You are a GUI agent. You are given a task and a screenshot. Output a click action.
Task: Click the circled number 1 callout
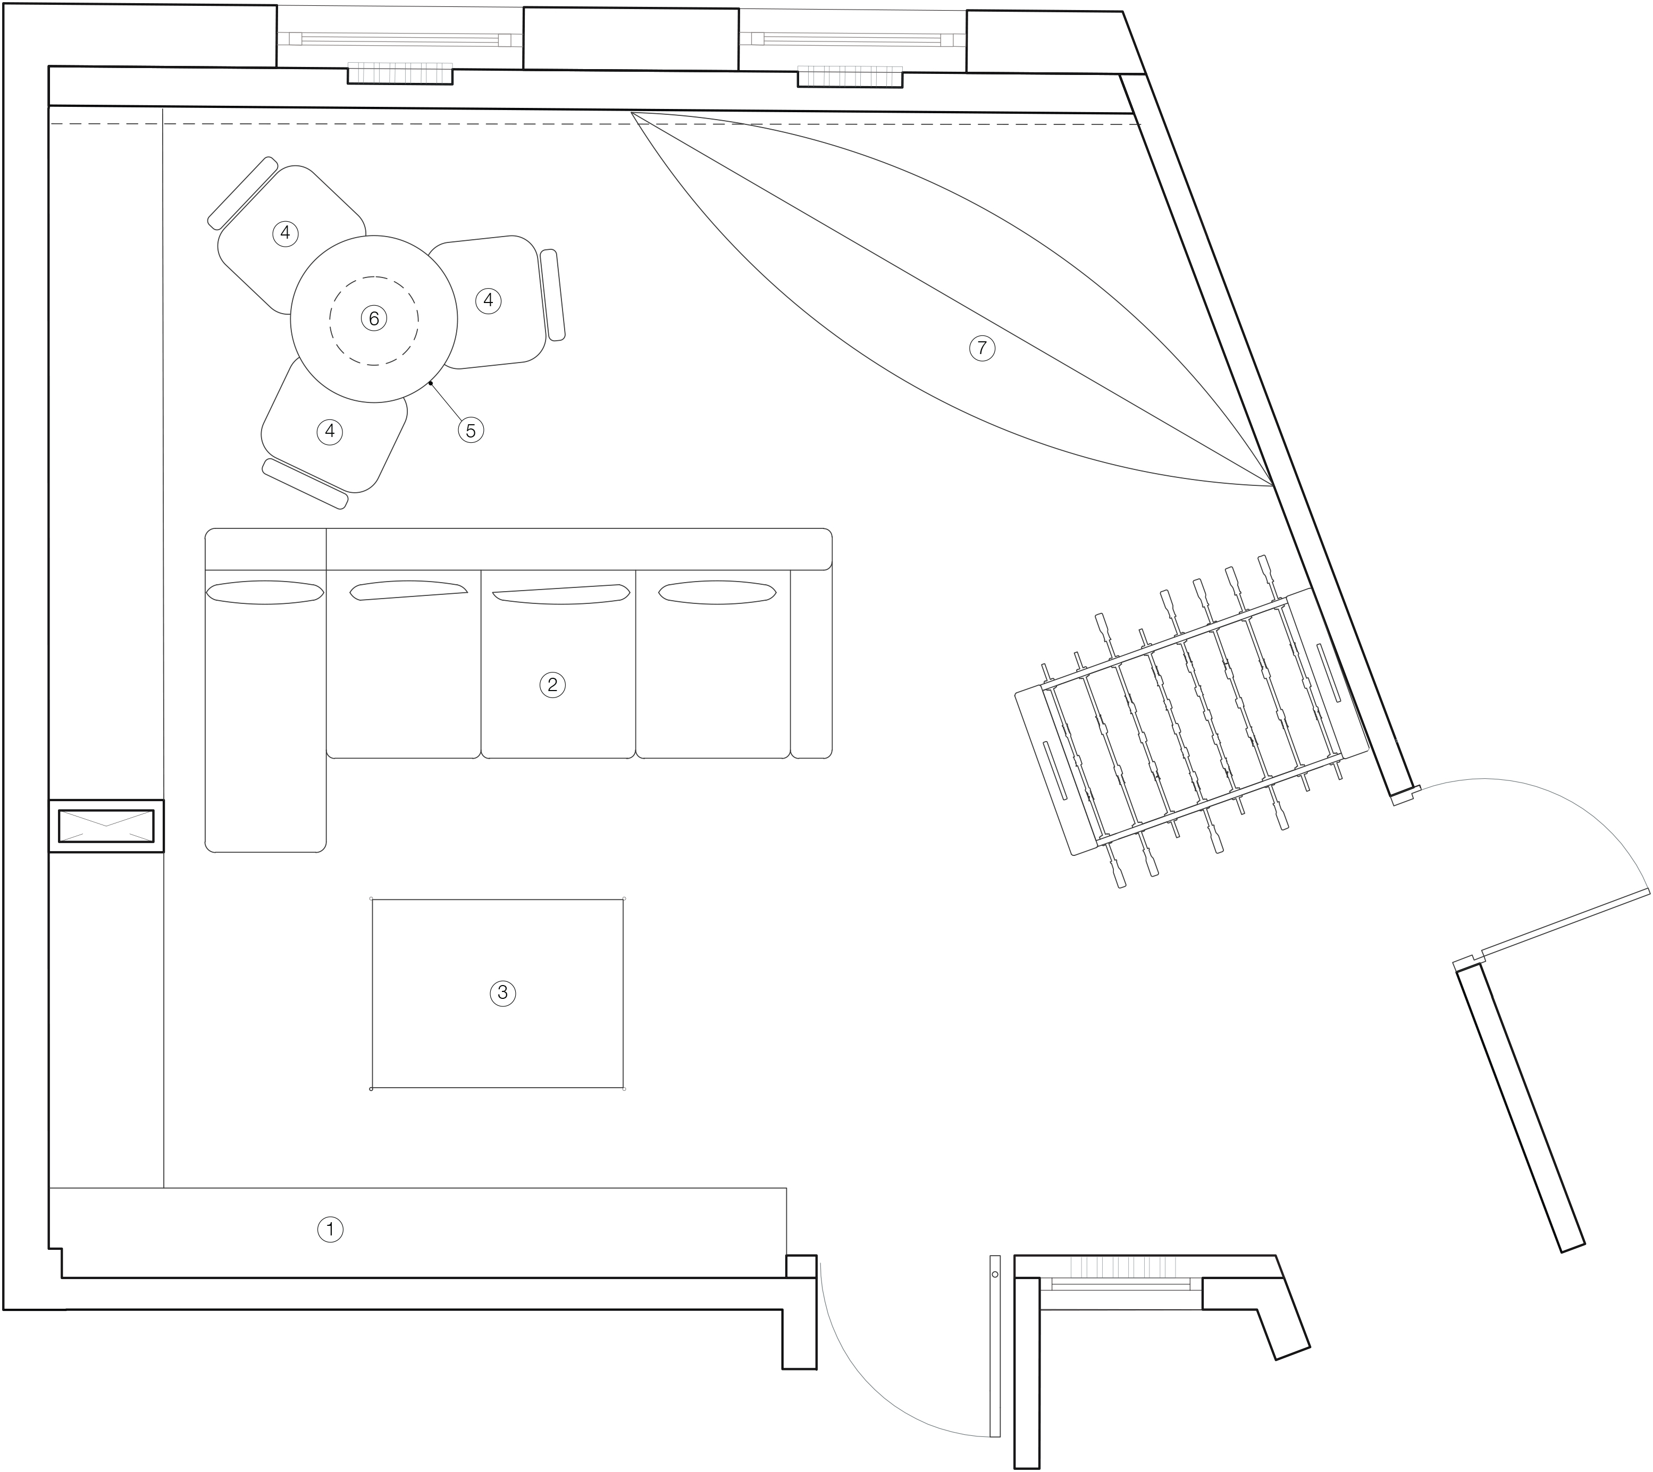point(330,1230)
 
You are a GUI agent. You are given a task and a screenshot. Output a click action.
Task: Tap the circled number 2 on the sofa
point(552,685)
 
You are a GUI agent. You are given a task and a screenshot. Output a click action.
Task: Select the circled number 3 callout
point(502,992)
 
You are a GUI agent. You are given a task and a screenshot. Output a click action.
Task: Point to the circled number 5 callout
point(471,430)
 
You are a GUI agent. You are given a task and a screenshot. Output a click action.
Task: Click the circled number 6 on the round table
point(374,318)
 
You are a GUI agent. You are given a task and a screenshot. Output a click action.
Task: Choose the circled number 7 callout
point(982,349)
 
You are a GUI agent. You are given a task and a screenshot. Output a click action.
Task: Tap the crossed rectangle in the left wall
point(106,826)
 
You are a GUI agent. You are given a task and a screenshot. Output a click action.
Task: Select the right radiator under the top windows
point(850,77)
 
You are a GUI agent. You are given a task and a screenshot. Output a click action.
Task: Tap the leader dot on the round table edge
point(431,383)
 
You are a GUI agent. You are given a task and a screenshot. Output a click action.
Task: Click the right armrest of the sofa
point(811,663)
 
